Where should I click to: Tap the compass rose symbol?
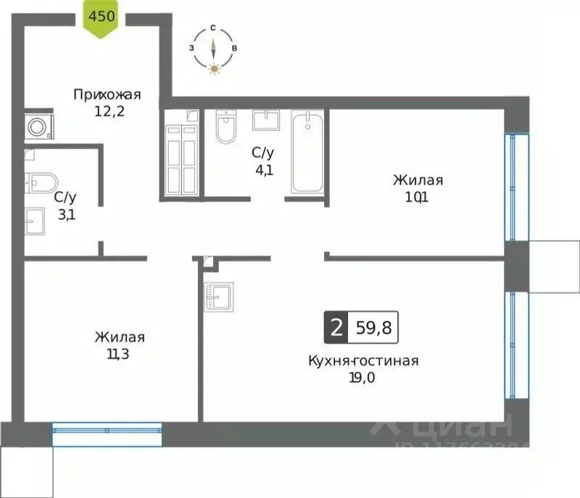[214, 48]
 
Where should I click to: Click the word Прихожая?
[107, 94]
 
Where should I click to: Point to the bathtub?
[308, 152]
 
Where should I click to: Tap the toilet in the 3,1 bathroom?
[40, 181]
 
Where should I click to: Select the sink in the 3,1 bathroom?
[35, 220]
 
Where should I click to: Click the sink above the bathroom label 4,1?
[270, 119]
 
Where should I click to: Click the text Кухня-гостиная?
[363, 360]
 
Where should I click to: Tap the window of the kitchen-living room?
[513, 344]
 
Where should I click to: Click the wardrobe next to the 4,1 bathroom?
[181, 152]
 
